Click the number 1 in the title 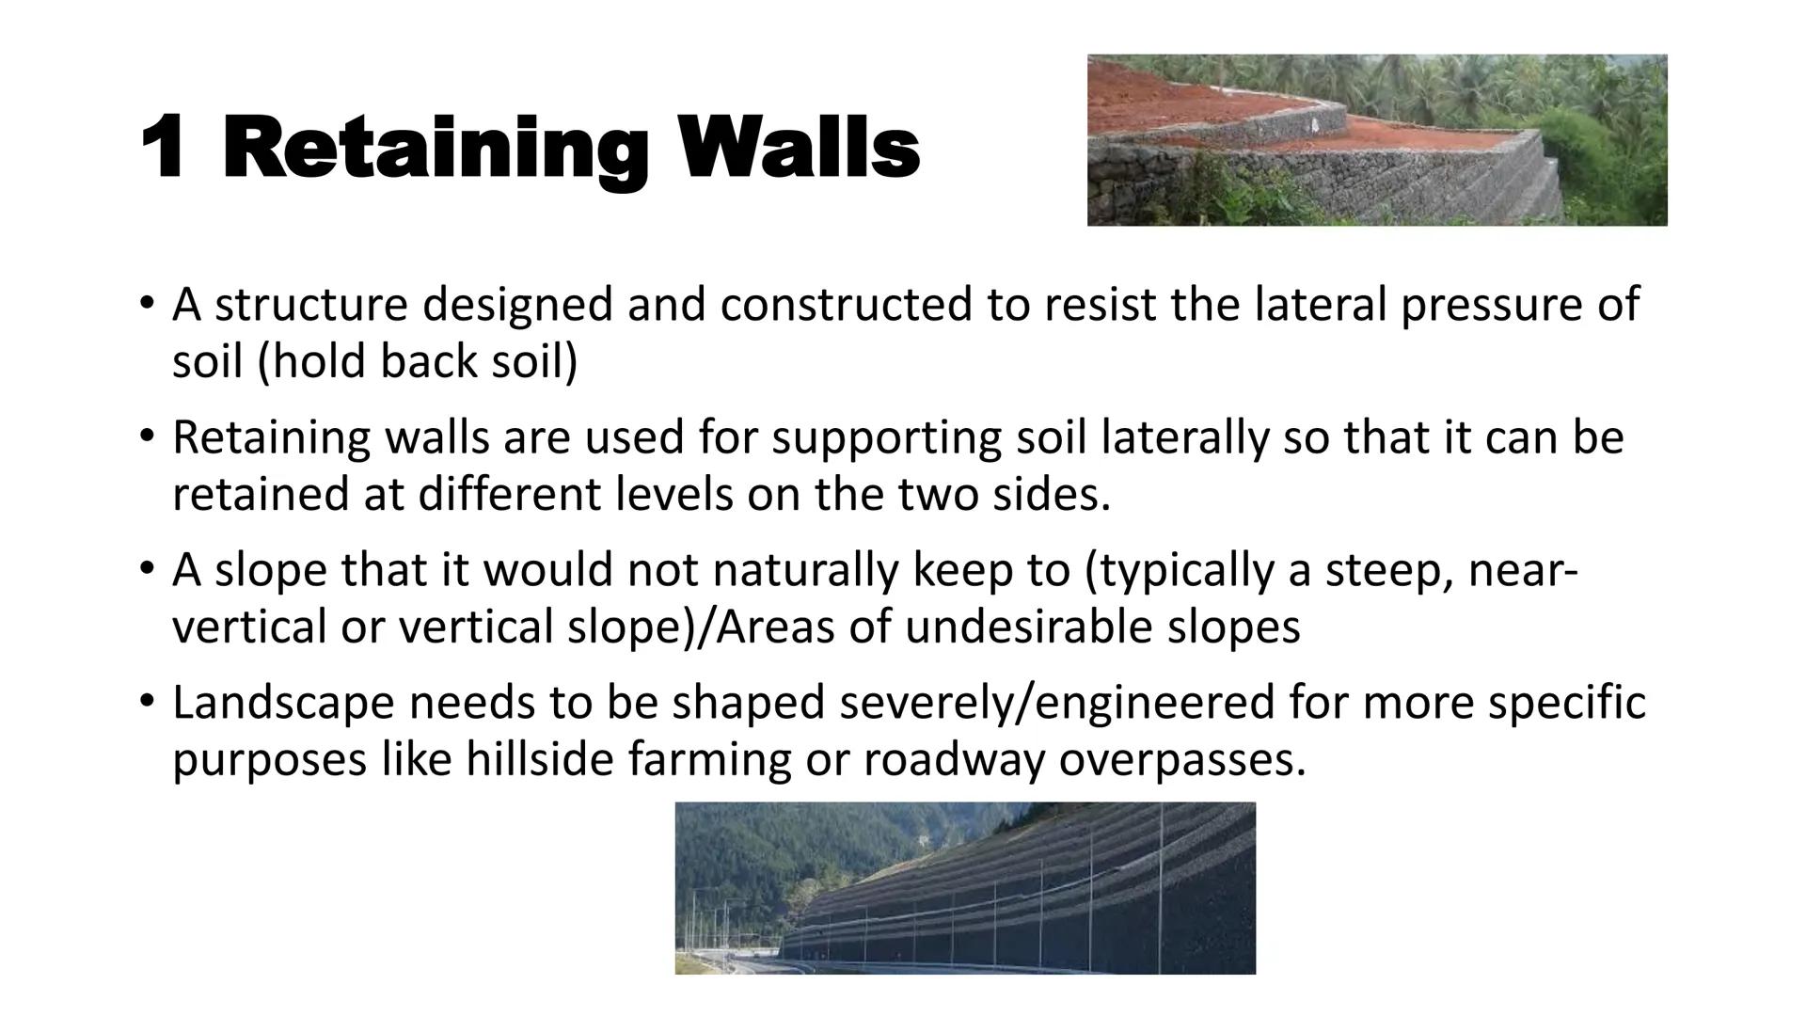pyautogui.click(x=162, y=148)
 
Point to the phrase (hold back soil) pyautogui.click(x=418, y=361)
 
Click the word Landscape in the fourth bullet pyautogui.click(x=282, y=705)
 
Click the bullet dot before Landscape pyautogui.click(x=145, y=701)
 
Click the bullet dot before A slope pyautogui.click(x=145, y=568)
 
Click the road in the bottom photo pyautogui.click(x=743, y=963)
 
